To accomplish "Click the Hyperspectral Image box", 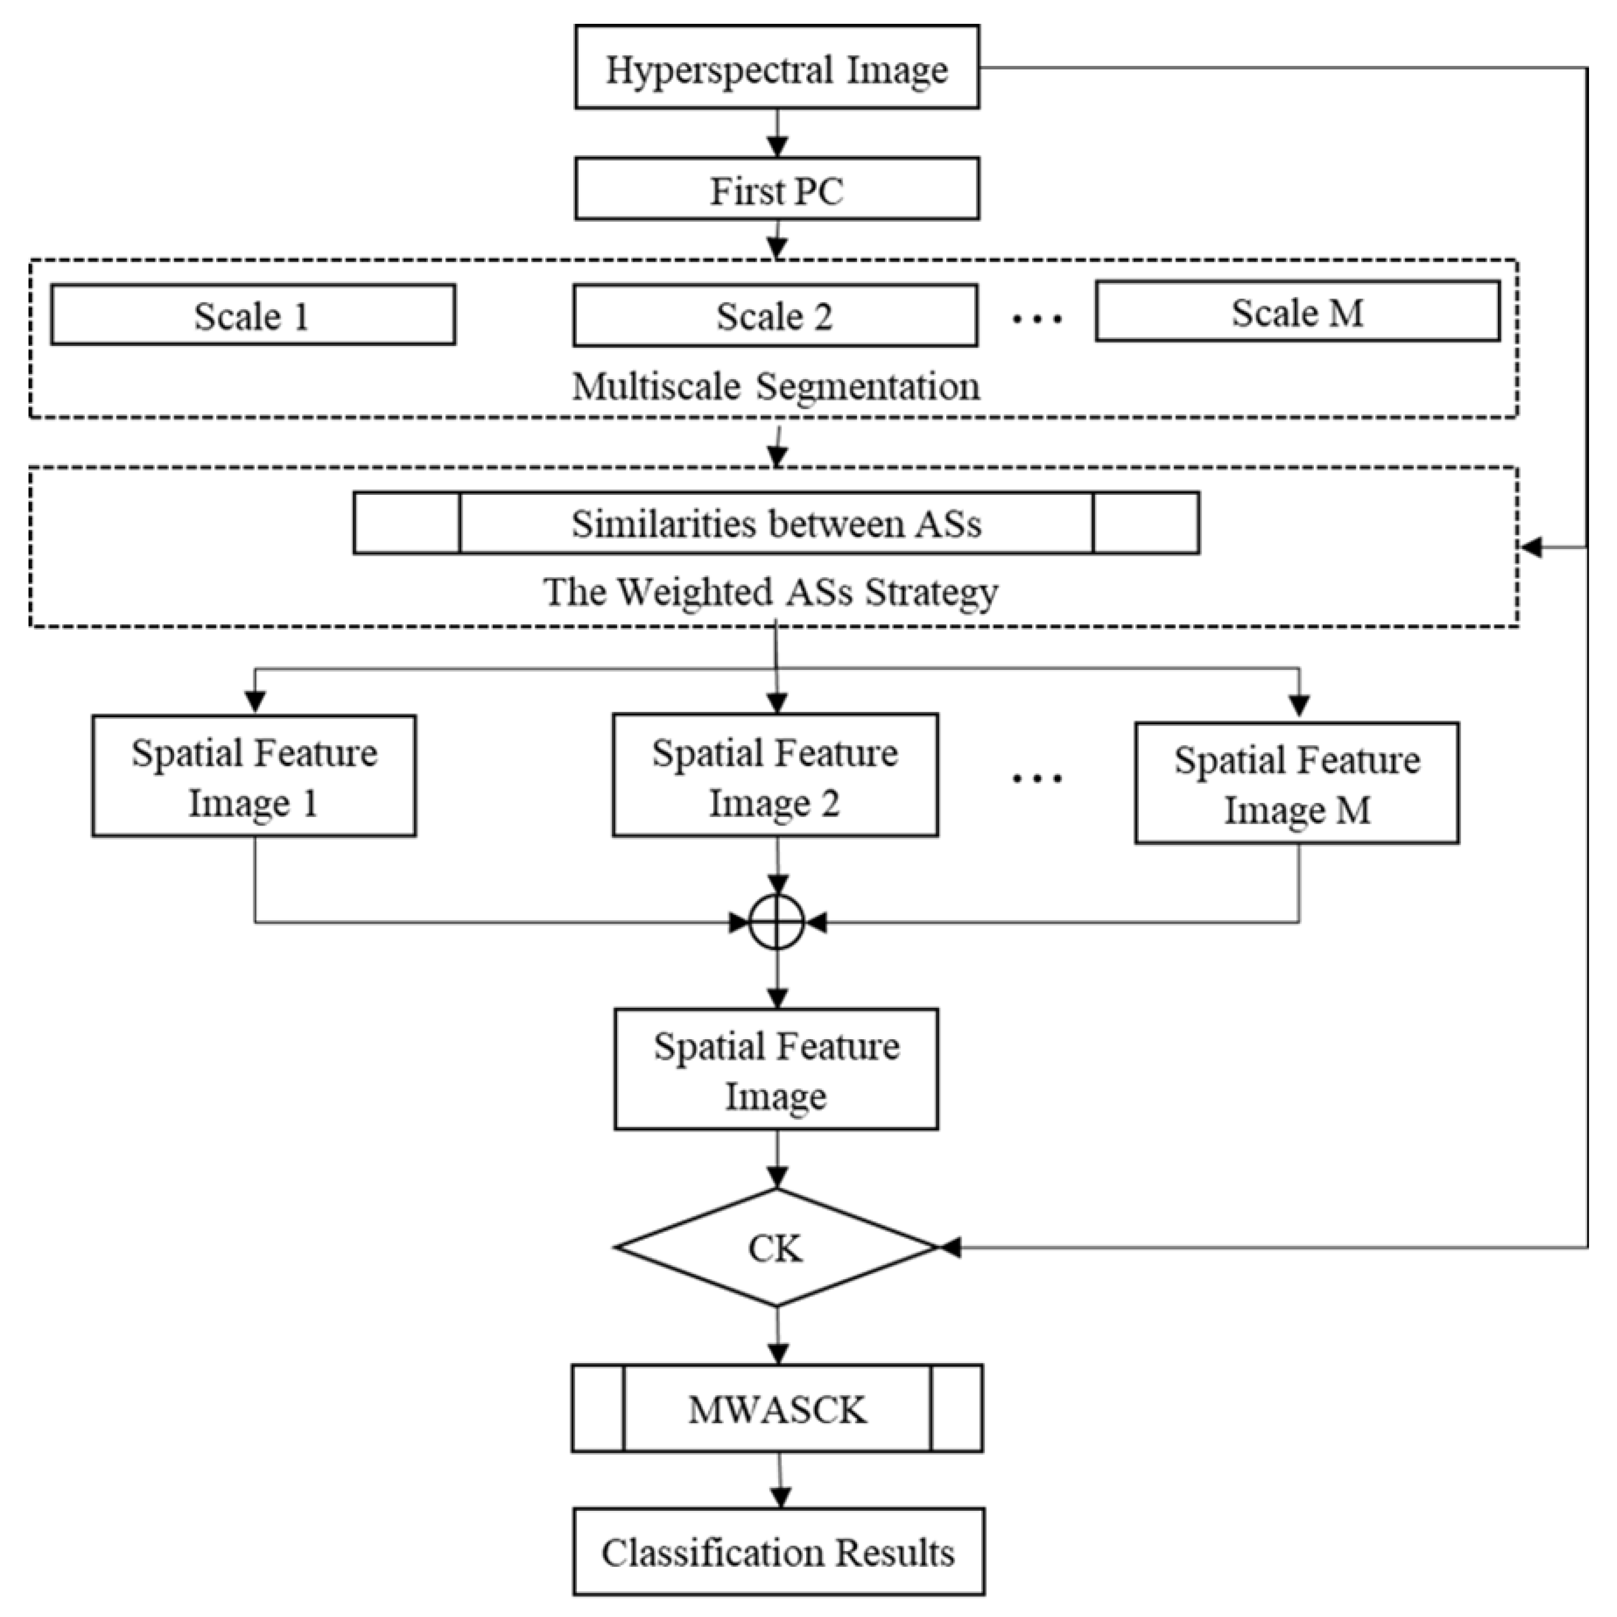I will (x=777, y=67).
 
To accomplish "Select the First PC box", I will (x=777, y=189).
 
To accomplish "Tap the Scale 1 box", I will (x=253, y=314).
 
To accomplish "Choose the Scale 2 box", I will (x=775, y=316).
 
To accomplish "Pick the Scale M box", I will (x=1297, y=311).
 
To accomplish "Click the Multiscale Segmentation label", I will (x=775, y=387).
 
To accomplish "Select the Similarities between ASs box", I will (x=776, y=523).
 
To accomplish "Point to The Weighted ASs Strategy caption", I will (x=770, y=592).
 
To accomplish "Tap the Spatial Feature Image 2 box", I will (x=775, y=775).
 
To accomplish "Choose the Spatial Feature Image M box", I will (x=1297, y=783).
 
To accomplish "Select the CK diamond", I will (x=775, y=1248).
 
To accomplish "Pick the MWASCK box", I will (x=777, y=1409).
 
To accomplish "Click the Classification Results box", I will (x=778, y=1552).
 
